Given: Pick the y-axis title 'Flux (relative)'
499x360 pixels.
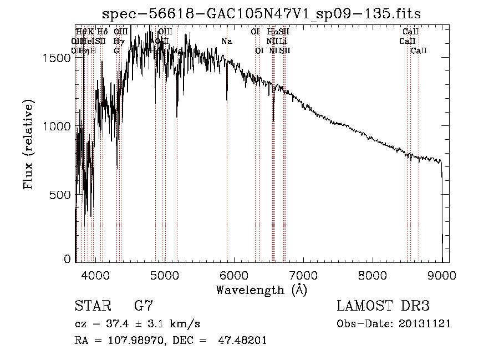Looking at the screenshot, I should [x=28, y=144].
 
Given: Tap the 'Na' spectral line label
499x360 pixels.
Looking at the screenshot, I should [x=226, y=42].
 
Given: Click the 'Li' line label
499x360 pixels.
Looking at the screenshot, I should [x=283, y=42].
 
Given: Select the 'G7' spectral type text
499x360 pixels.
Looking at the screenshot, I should [x=144, y=306].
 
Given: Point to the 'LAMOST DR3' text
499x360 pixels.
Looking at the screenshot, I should [x=383, y=306].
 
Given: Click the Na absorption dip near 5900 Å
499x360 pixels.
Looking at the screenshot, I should [x=227, y=101].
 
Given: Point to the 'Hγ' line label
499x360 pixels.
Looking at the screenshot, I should [x=118, y=42].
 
